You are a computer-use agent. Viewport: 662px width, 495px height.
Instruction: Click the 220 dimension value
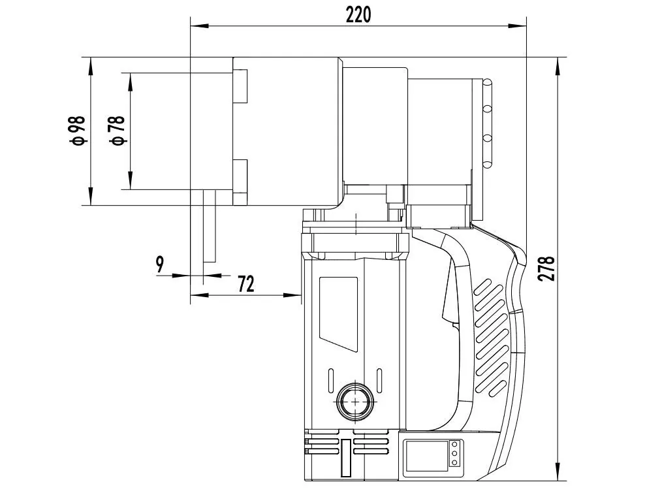pos(358,14)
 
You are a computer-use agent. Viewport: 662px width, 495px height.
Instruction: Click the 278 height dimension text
pos(547,268)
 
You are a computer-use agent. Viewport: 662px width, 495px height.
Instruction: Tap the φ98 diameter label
pos(78,130)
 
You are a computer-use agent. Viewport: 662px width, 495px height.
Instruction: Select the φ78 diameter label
pos(117,131)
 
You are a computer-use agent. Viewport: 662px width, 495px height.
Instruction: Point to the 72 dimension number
pos(245,283)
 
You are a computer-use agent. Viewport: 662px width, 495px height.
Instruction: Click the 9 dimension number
pos(160,264)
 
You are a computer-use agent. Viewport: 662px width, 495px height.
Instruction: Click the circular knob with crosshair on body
pos(355,400)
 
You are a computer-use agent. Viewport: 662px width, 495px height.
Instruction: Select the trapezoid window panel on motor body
pos(338,312)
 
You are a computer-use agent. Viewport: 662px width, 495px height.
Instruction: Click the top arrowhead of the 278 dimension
pos(558,64)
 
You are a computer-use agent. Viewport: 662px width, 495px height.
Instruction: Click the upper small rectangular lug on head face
pos(240,86)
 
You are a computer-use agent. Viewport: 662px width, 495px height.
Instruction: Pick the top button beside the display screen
pos(456,445)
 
